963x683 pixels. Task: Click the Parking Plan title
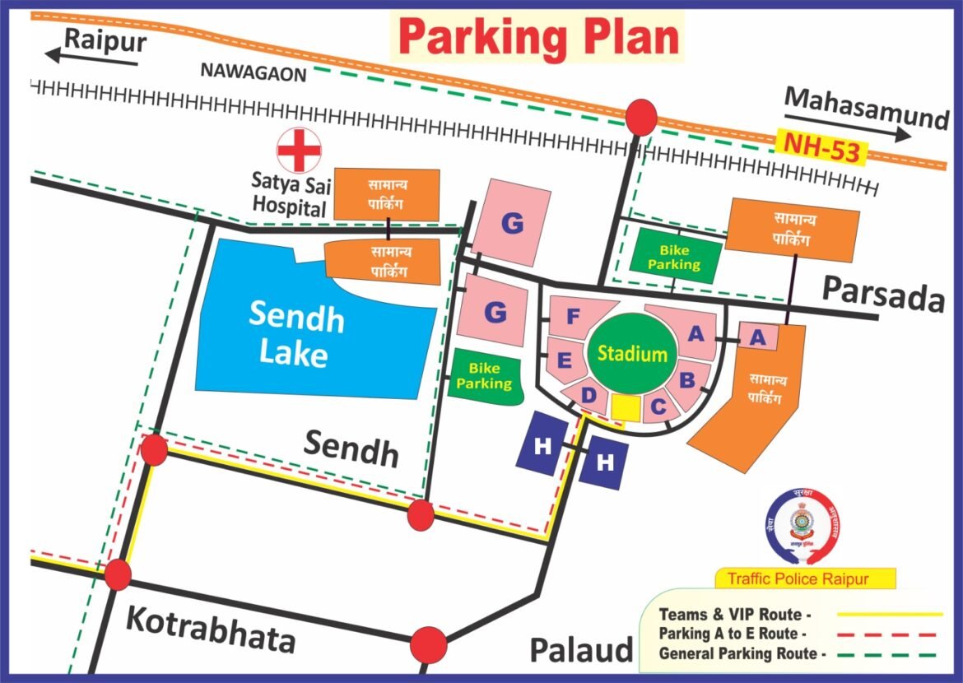[538, 38]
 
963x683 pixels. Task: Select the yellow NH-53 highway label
[820, 148]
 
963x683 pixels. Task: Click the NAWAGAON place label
[254, 72]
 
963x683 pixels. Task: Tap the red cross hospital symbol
[300, 151]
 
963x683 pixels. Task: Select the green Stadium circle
[632, 354]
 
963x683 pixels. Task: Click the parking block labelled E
[565, 360]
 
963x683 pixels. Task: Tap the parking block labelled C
[658, 405]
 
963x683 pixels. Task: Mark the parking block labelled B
[687, 380]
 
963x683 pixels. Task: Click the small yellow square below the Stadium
[626, 407]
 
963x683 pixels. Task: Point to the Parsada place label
[883, 294]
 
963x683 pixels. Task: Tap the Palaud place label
[580, 649]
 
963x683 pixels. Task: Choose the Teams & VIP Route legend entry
[735, 615]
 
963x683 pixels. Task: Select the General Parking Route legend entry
[742, 655]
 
